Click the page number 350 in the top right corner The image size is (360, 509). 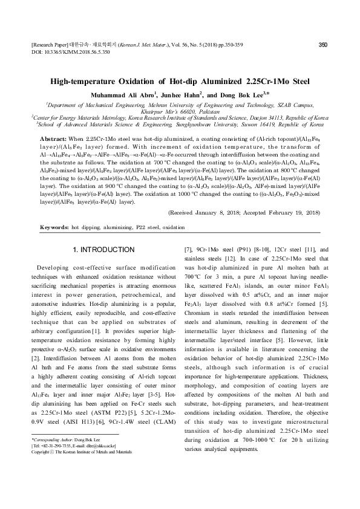point(323,44)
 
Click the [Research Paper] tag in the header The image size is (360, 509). point(46,45)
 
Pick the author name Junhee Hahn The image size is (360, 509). point(178,95)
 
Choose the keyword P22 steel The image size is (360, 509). point(140,228)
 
